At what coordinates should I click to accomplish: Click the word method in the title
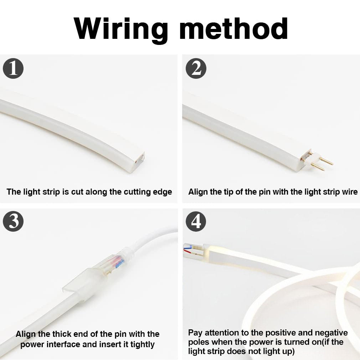point(233,29)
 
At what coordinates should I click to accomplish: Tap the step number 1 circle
point(13,68)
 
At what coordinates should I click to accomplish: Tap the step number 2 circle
point(196,68)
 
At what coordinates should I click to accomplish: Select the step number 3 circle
point(13,221)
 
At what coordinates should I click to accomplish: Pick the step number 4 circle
point(196,221)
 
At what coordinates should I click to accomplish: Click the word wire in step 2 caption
point(349,192)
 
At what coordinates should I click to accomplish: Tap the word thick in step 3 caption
point(62,334)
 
